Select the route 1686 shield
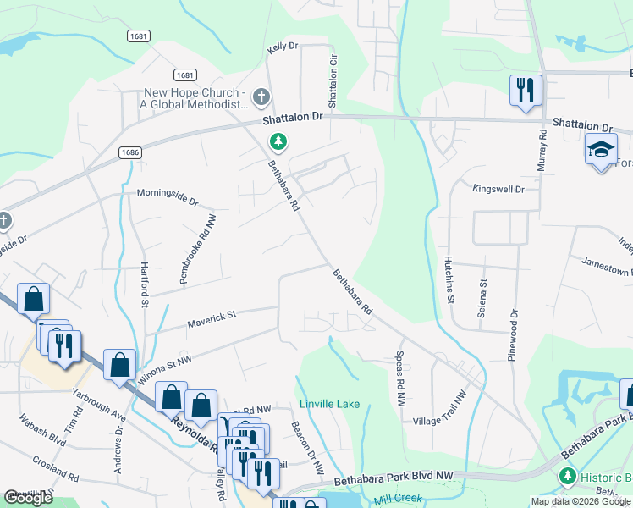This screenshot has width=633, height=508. point(129,152)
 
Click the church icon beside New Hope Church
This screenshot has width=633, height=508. point(261,97)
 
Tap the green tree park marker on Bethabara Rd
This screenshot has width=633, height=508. point(277,141)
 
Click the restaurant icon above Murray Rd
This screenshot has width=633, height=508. point(525,89)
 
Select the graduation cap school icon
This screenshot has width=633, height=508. point(601,150)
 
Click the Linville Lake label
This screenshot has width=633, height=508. point(328,404)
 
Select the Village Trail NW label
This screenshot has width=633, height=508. point(439,408)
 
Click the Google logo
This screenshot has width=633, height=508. point(29,498)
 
